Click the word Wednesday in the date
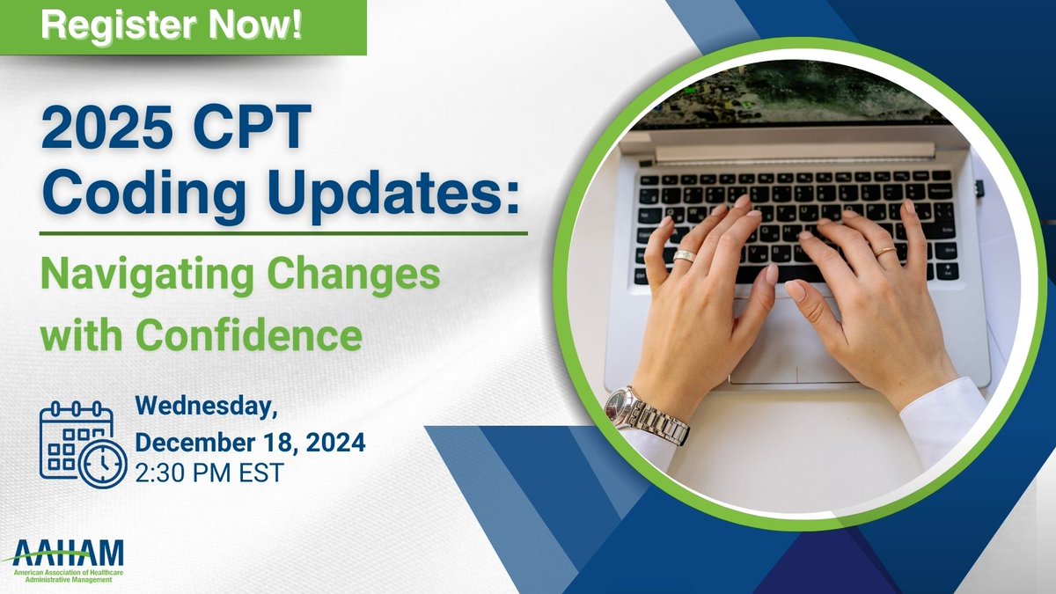(205, 407)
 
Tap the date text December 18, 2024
(250, 440)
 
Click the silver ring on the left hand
(685, 256)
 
